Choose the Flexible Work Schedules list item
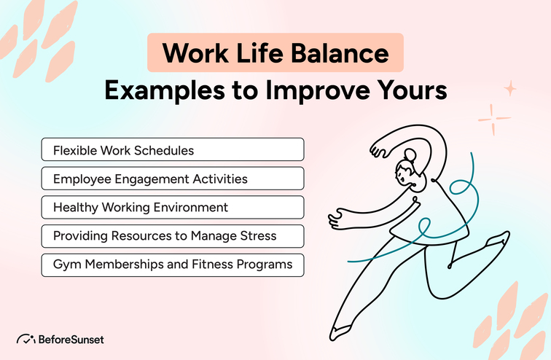(172, 150)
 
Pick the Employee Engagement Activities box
(172, 179)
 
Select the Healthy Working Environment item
(172, 207)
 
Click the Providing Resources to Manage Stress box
(172, 235)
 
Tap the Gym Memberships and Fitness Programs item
(172, 264)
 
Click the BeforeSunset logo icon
(26, 339)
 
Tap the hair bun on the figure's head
(410, 154)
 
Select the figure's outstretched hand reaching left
(336, 215)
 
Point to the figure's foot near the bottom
(341, 333)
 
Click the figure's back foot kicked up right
(500, 240)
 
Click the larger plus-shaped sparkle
(493, 119)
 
